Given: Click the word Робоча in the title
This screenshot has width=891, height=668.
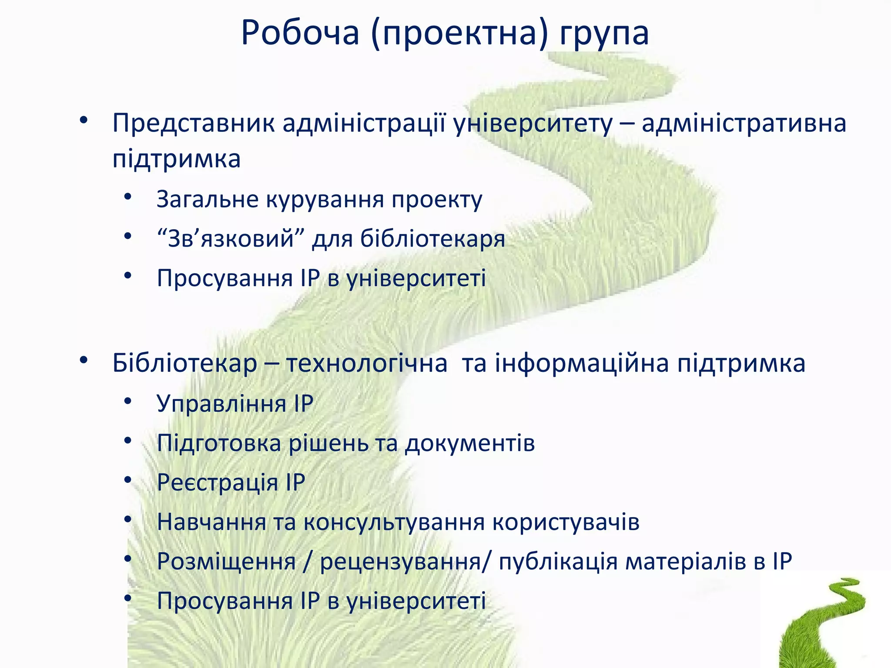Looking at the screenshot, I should point(300,33).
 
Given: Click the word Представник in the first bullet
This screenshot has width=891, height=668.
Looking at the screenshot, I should point(194,123).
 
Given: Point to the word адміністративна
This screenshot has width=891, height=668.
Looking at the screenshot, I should point(744,123).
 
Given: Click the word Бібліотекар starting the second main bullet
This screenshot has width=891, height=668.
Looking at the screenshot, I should point(185,363).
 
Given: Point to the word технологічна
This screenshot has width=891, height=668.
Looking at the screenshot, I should point(366,363).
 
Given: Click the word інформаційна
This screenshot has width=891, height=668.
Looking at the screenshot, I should point(582,363).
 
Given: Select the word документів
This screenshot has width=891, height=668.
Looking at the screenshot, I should point(470,444).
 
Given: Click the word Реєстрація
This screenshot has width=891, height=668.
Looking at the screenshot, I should point(217,483).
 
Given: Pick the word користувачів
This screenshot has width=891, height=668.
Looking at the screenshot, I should point(566,522).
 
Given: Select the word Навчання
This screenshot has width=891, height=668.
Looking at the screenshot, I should point(211,522).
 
